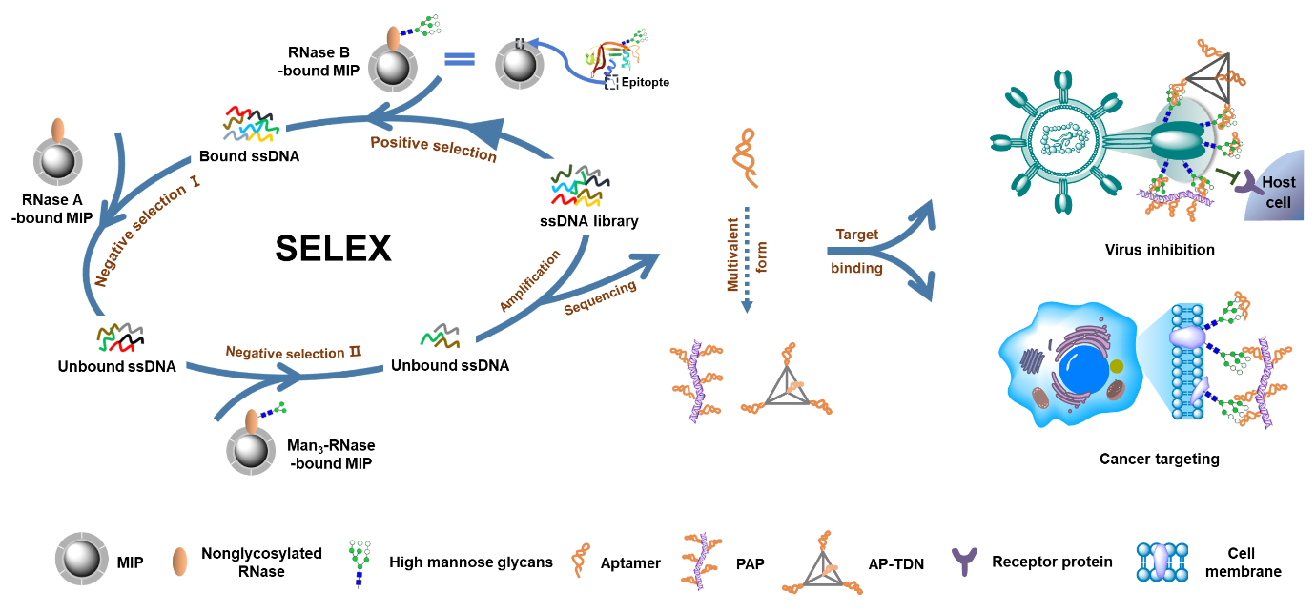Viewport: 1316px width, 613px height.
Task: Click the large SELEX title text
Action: tap(333, 249)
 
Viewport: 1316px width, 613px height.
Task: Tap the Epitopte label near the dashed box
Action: tap(645, 83)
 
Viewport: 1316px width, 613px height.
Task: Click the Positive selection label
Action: tap(434, 149)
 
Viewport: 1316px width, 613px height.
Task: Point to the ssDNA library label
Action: tap(588, 221)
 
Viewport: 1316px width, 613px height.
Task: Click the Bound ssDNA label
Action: tap(250, 156)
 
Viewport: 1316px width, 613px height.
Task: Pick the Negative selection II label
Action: tap(294, 352)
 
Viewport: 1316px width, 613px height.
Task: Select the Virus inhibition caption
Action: tap(1160, 250)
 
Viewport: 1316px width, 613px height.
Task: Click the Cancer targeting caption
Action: tap(1159, 459)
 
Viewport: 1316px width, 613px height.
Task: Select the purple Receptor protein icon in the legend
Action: tap(967, 562)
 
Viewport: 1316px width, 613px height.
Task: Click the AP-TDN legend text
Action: tap(896, 563)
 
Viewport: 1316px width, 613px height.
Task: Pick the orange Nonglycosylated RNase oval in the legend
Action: tap(178, 562)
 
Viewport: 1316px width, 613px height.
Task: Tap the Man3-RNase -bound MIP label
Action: tap(331, 455)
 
